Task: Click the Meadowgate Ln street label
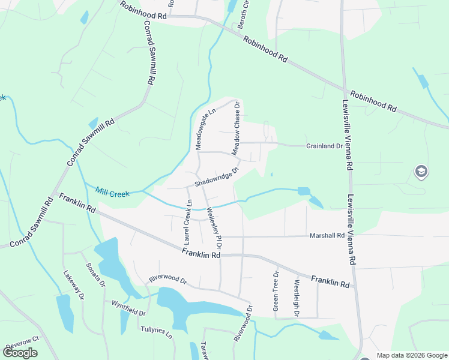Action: [x=205, y=129]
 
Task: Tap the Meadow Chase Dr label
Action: [x=237, y=126]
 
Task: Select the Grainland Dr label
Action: [x=324, y=146]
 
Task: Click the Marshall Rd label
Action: [x=328, y=235]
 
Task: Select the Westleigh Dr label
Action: [x=296, y=294]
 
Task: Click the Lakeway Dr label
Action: [x=71, y=285]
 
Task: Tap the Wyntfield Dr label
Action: [x=128, y=308]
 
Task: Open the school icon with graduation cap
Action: [x=421, y=173]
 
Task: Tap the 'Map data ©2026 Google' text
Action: [x=411, y=355]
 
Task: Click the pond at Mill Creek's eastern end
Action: [x=304, y=191]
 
